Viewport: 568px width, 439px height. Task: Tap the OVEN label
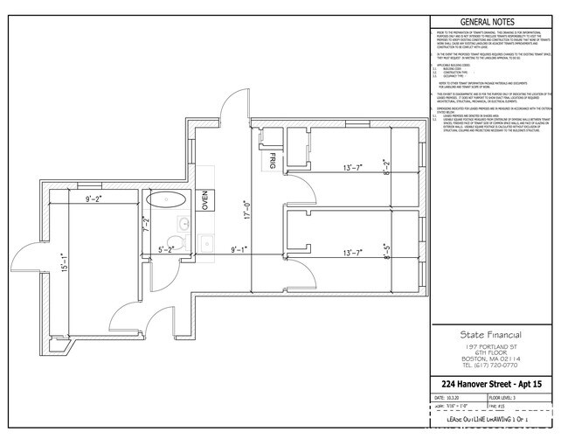(x=205, y=200)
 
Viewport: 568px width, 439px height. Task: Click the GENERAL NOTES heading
(x=487, y=22)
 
